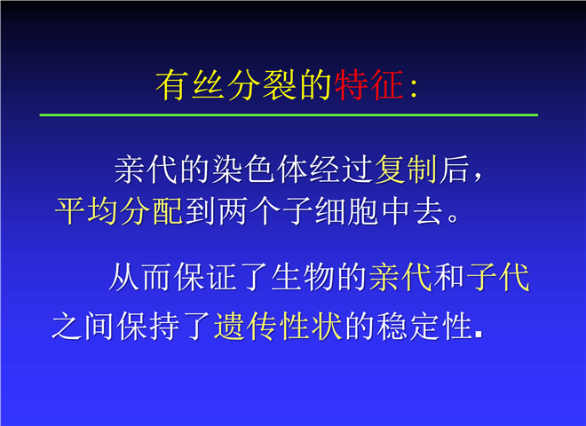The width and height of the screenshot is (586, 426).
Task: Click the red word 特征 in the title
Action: (x=368, y=85)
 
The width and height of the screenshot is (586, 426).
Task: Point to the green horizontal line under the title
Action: (x=289, y=114)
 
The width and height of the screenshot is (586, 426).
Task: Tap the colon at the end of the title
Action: (x=413, y=90)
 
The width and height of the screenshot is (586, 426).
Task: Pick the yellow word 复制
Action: (x=406, y=170)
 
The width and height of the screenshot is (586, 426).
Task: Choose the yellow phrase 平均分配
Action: (x=118, y=211)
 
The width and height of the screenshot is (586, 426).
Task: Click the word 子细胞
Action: (x=331, y=211)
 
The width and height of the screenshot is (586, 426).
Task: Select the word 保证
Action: (x=207, y=277)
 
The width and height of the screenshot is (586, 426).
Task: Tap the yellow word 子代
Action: (x=498, y=277)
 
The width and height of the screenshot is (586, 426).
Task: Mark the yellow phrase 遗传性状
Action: (x=278, y=327)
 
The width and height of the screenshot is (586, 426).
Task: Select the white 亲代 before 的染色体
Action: (x=146, y=170)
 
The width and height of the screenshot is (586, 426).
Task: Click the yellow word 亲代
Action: (x=400, y=277)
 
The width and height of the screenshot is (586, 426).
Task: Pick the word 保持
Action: (x=148, y=327)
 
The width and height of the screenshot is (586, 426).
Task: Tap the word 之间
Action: (x=83, y=327)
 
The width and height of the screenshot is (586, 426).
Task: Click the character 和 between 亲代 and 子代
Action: (x=449, y=277)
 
